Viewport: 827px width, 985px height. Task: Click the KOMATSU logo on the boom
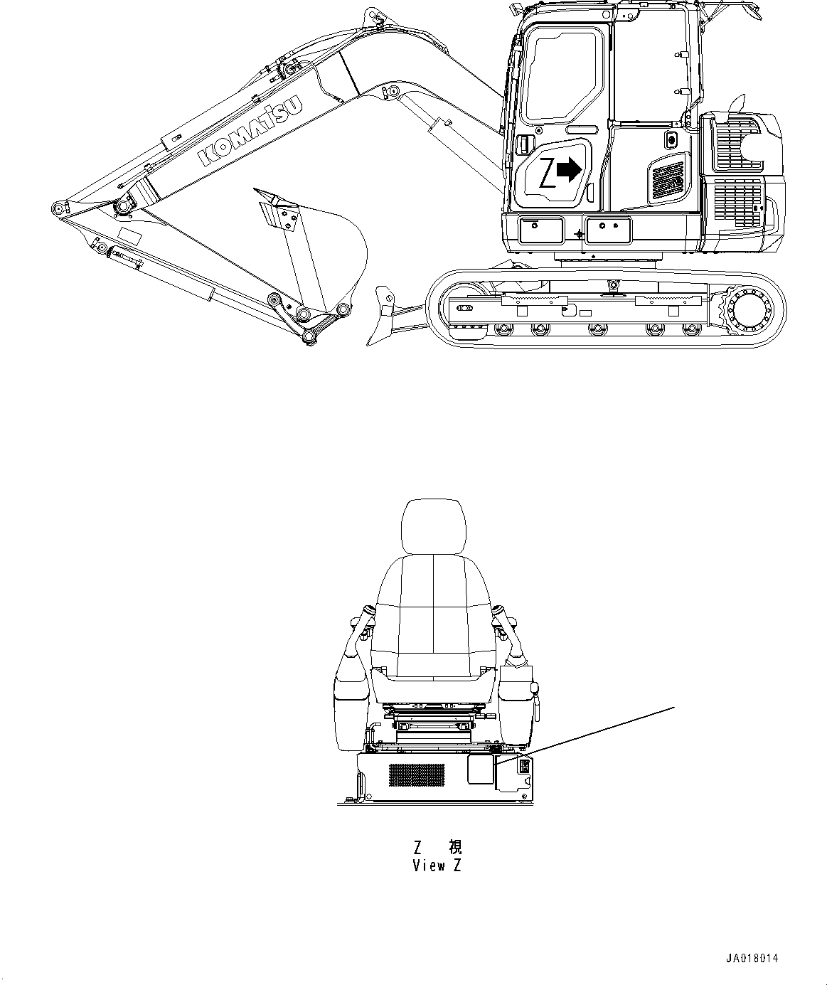pos(250,131)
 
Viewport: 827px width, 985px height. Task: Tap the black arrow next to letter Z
pos(568,169)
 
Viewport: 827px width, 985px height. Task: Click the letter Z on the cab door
pos(546,173)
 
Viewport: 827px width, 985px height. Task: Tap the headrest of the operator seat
pos(432,526)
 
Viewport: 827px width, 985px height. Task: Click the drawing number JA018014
pos(752,958)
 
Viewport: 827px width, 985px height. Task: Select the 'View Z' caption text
pos(437,866)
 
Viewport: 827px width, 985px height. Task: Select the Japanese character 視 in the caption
pos(454,847)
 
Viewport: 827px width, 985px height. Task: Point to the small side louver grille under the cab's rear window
pos(668,180)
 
